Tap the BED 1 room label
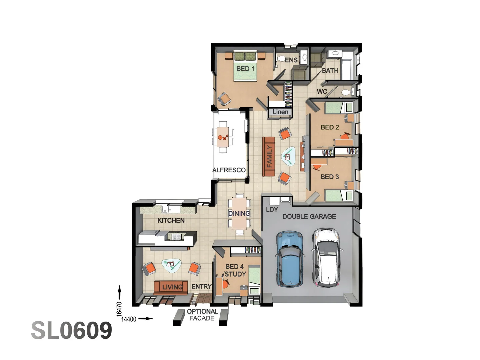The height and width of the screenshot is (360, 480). (245, 69)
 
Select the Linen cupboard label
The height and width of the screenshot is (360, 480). (280, 112)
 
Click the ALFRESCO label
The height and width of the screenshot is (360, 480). (229, 170)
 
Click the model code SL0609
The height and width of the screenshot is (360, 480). (72, 331)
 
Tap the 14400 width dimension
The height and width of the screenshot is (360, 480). (129, 319)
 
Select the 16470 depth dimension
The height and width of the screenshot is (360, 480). (119, 309)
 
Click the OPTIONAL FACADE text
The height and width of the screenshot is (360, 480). (202, 315)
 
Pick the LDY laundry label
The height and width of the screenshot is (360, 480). (272, 210)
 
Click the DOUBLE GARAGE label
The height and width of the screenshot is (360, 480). (309, 217)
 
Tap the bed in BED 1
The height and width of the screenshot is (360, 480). (245, 66)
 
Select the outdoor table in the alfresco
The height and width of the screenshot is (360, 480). (223, 137)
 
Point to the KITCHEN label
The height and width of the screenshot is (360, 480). (171, 221)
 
